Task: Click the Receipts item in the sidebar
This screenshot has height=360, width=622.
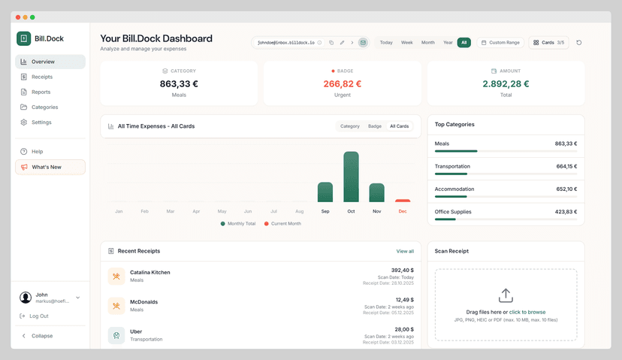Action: pyautogui.click(x=42, y=77)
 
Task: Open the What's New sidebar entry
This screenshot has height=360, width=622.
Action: pyautogui.click(x=47, y=167)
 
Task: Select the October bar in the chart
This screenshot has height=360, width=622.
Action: pyautogui.click(x=351, y=177)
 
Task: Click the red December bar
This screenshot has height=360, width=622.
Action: pyautogui.click(x=403, y=201)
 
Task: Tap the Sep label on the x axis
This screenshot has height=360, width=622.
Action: pyautogui.click(x=325, y=212)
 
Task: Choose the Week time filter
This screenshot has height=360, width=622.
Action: pyautogui.click(x=406, y=43)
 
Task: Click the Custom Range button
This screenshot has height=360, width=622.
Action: pyautogui.click(x=500, y=43)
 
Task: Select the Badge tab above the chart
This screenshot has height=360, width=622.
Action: pyautogui.click(x=374, y=126)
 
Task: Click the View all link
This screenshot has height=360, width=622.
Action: pyautogui.click(x=405, y=251)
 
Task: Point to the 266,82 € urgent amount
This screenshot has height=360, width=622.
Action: pyautogui.click(x=342, y=84)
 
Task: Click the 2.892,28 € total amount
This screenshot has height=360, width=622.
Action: pyautogui.click(x=506, y=84)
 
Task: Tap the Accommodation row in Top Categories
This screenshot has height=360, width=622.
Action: pyautogui.click(x=506, y=189)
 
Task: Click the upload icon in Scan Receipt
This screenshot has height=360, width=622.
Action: pyautogui.click(x=506, y=295)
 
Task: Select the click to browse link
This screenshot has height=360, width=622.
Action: pyautogui.click(x=527, y=312)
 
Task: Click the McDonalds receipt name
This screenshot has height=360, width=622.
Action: pyautogui.click(x=143, y=302)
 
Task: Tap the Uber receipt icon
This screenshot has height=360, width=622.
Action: pyautogui.click(x=116, y=335)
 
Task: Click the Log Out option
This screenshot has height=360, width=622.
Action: pyautogui.click(x=39, y=316)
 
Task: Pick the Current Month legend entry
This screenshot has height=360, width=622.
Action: pyautogui.click(x=285, y=224)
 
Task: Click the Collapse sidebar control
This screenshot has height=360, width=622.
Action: pyautogui.click(x=41, y=336)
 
